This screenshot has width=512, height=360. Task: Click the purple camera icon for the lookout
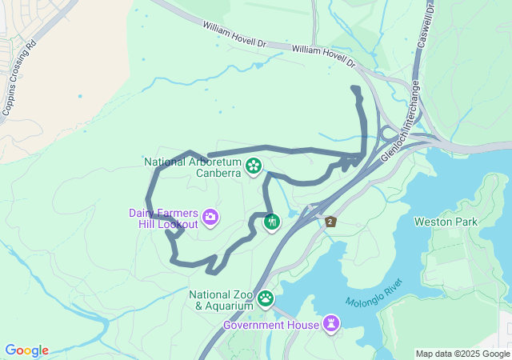210,216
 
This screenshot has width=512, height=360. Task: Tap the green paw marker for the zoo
265,299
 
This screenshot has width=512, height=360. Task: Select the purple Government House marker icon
331,323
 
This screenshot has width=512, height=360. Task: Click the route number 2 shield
330,222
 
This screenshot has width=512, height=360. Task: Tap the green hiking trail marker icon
272,221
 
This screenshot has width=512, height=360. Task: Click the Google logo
26,350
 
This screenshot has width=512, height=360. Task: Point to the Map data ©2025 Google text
462,354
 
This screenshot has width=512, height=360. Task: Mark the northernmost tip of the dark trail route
355,87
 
